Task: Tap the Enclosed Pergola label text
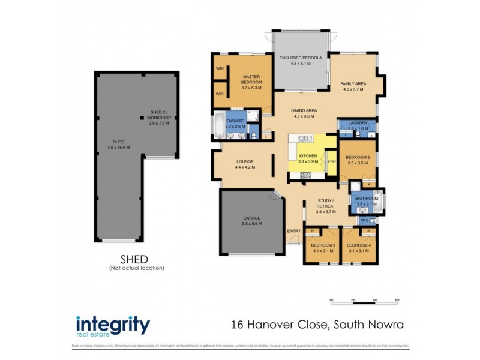click(301, 60)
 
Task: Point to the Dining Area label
click(304, 113)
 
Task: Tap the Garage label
click(252, 220)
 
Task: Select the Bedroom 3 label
click(323, 248)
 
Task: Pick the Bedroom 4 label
click(359, 248)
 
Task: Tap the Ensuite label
click(235, 124)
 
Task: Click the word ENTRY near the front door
click(294, 231)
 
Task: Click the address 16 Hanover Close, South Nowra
click(317, 326)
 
